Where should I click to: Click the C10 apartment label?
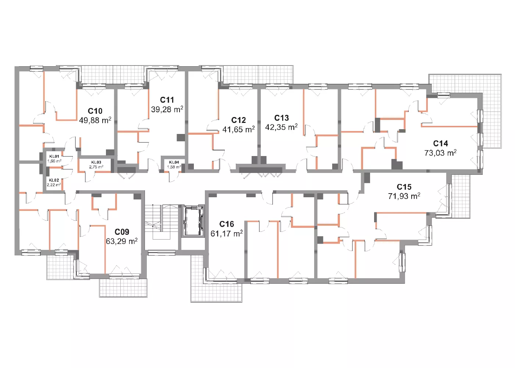click(95, 111)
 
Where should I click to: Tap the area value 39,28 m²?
click(167, 109)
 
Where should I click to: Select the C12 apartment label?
click(238, 120)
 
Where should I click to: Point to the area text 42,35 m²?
click(281, 127)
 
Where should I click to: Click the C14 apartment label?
click(441, 144)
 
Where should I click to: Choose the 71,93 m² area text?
click(404, 196)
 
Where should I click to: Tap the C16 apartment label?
click(227, 224)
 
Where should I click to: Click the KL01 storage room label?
click(54, 156)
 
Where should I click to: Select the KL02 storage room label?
click(54, 180)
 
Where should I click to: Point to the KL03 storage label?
click(96, 162)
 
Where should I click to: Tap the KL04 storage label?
click(174, 162)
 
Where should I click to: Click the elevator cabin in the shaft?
click(193, 220)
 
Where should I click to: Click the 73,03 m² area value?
click(441, 153)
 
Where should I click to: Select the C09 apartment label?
click(122, 232)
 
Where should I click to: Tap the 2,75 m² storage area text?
click(96, 167)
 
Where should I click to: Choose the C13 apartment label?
click(281, 118)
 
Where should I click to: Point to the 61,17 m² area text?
click(227, 233)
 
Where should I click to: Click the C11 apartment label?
click(167, 100)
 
